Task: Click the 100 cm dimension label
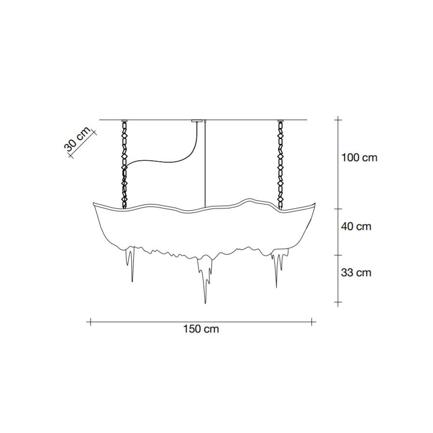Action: point(359,158)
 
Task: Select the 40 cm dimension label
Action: point(356,227)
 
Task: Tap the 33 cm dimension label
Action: point(356,273)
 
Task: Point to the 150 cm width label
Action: point(201,329)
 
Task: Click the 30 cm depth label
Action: point(77,140)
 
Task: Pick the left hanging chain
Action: point(125,165)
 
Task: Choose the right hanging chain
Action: point(280,165)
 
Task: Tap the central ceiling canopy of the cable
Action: point(197,121)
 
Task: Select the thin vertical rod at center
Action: point(205,164)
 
